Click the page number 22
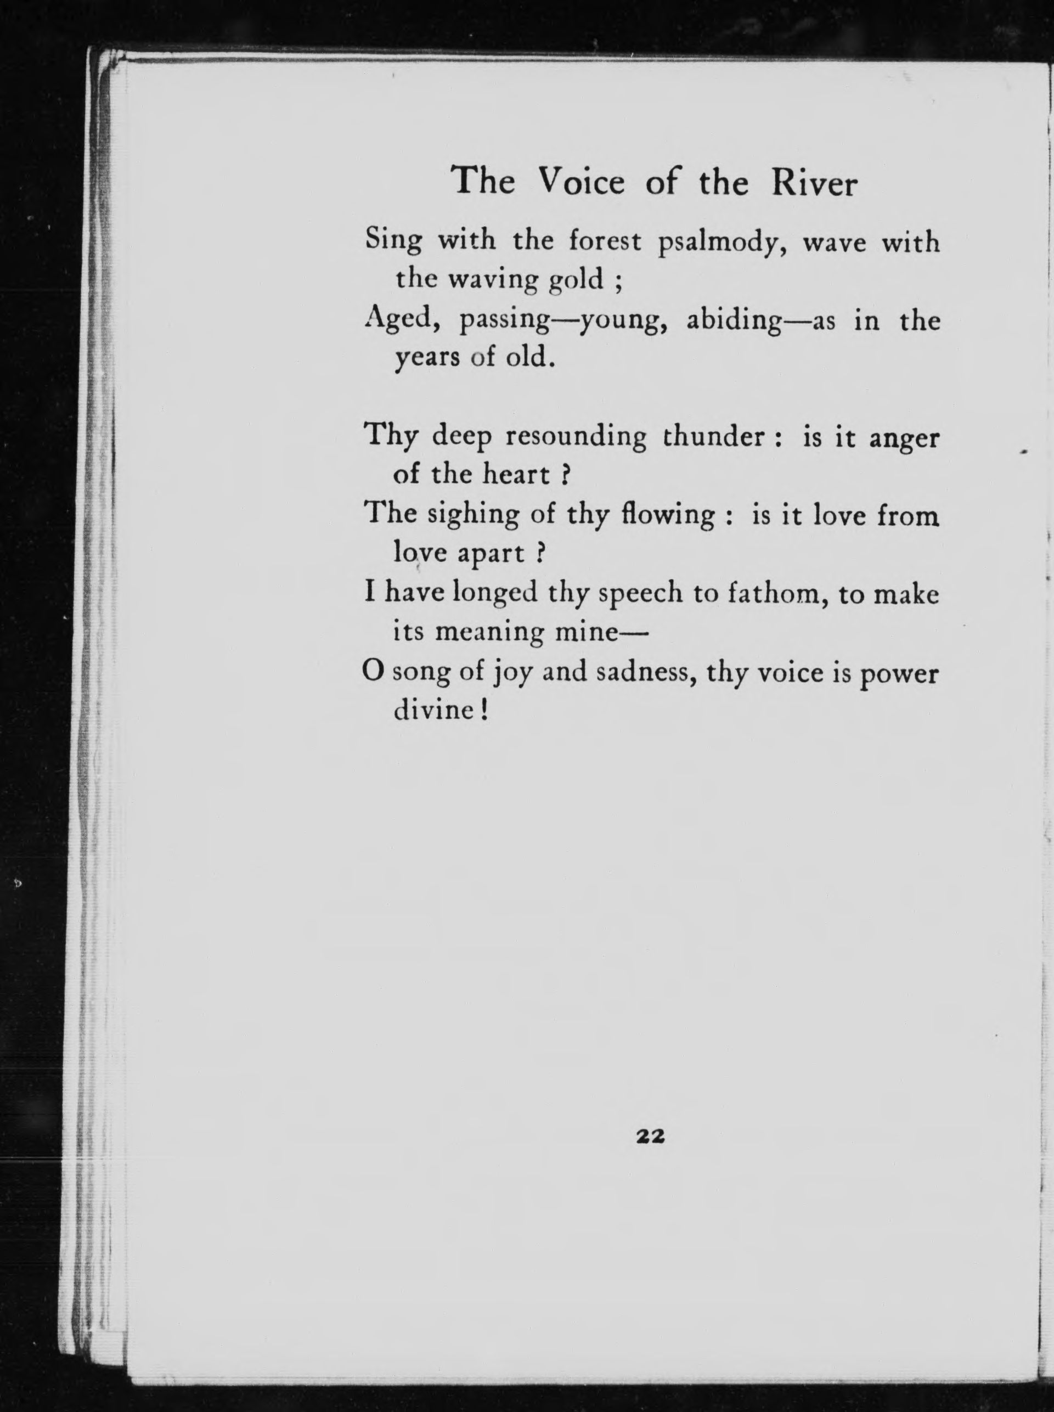651,1136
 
